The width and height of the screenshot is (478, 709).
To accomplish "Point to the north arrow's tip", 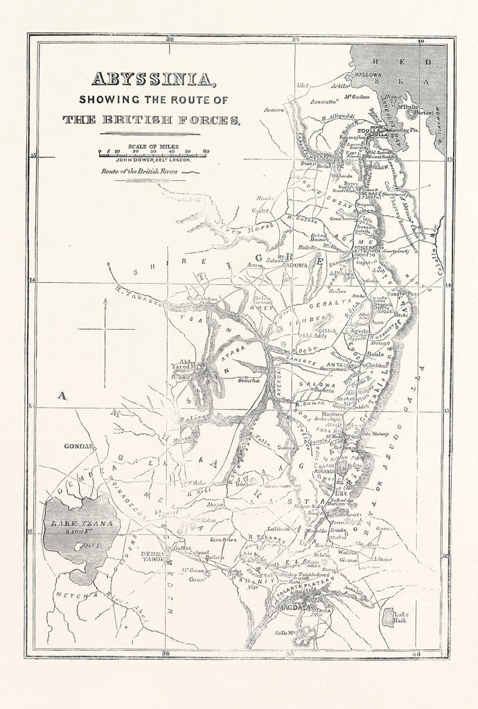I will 104,300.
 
